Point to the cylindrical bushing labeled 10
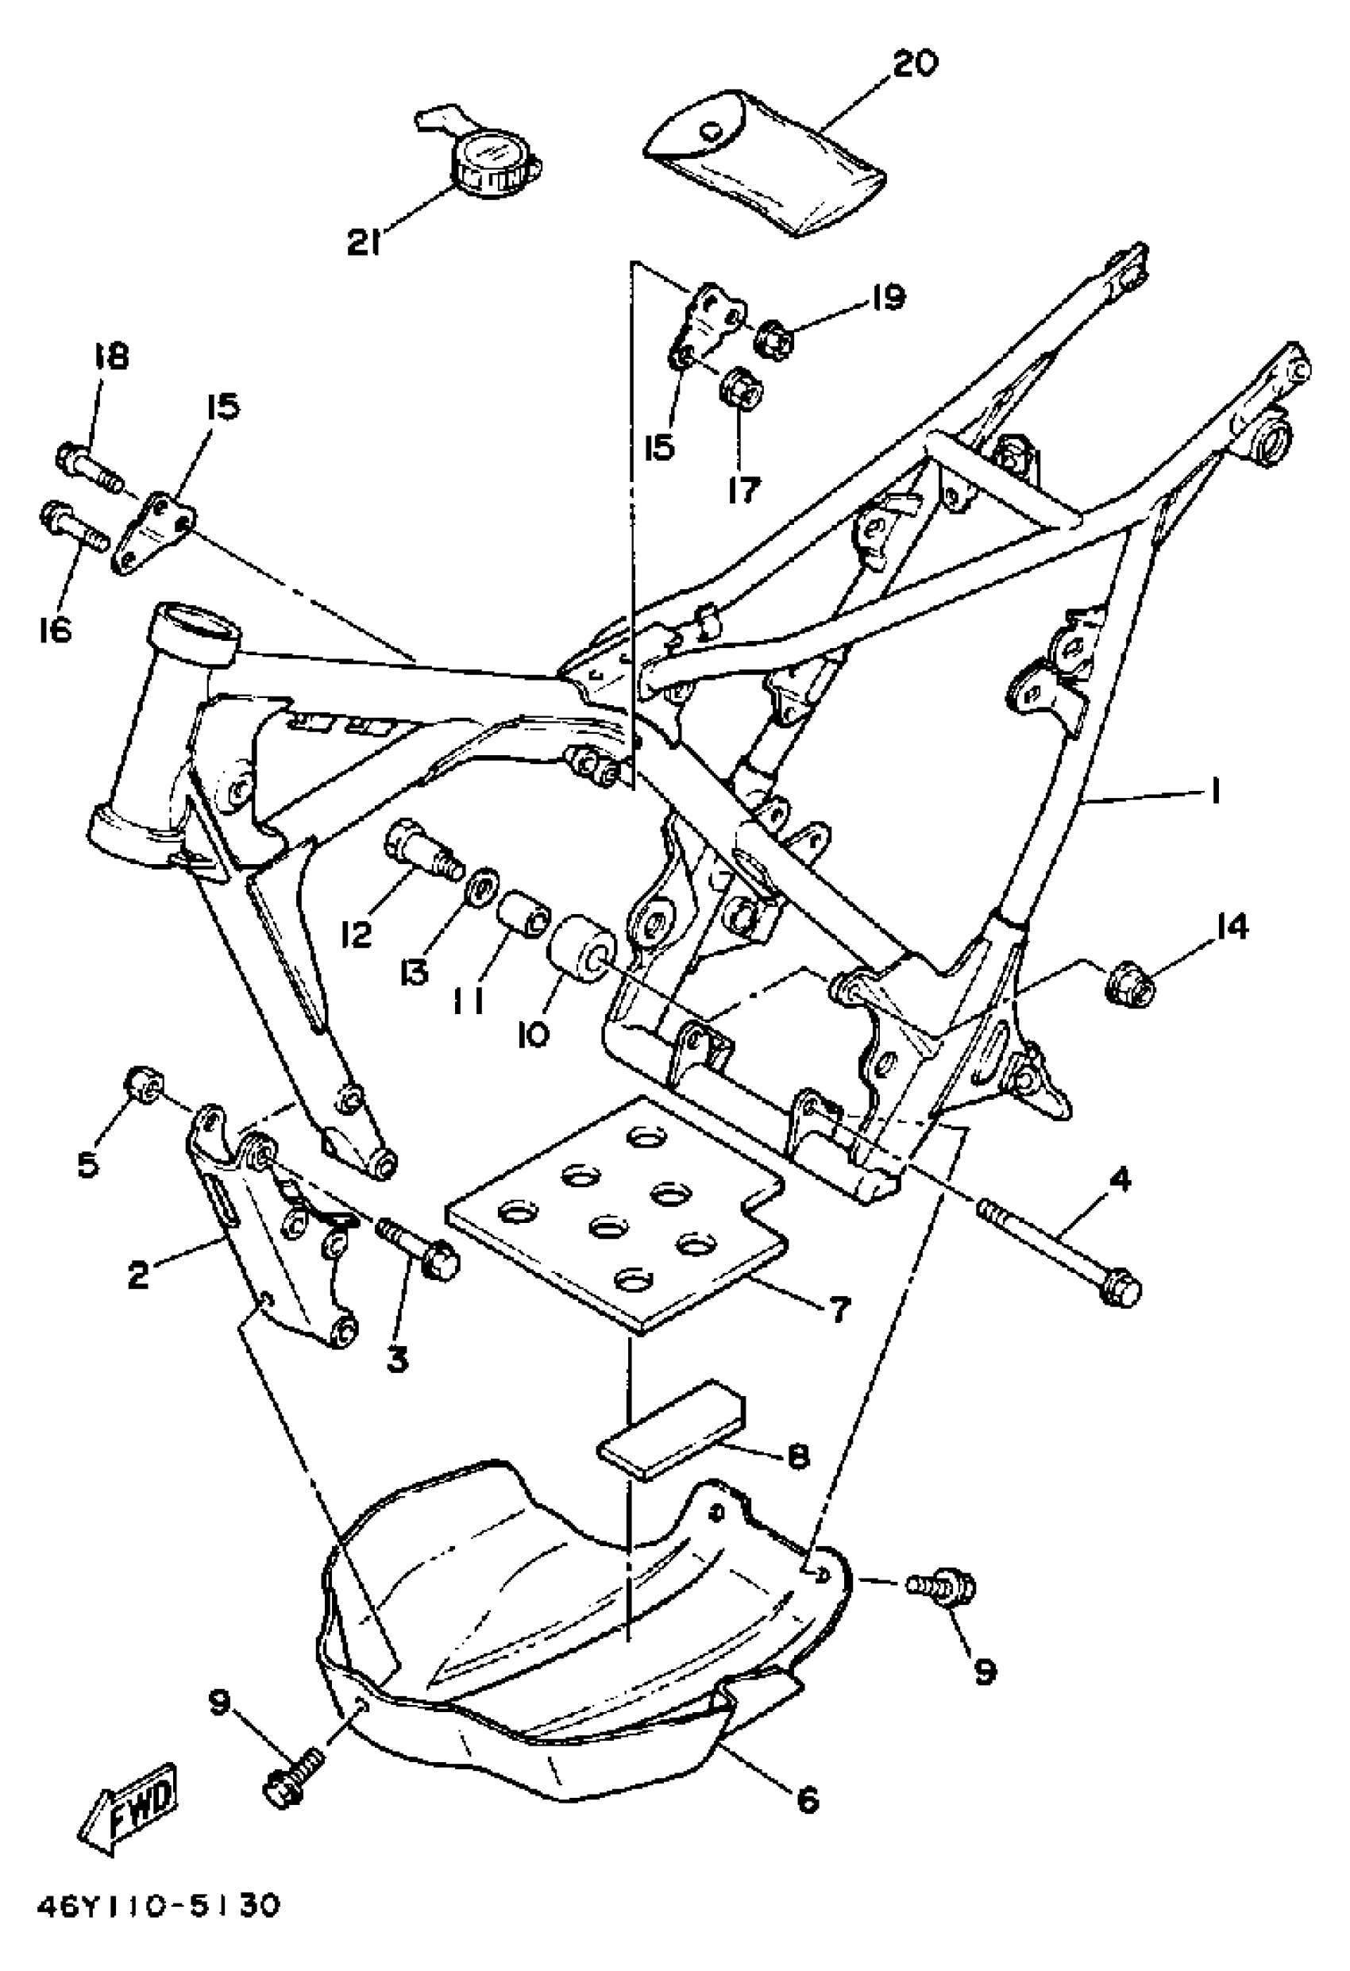click(x=584, y=947)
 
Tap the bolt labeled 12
click(x=424, y=847)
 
